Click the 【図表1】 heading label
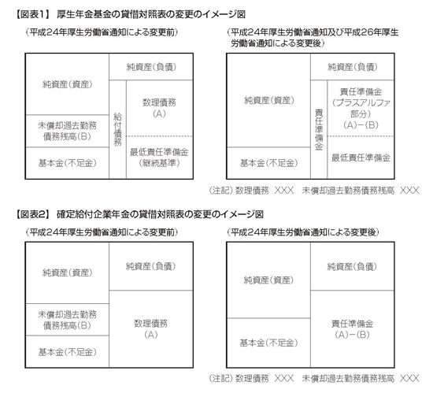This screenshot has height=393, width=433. click(x=32, y=14)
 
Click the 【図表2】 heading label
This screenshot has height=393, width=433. click(x=33, y=214)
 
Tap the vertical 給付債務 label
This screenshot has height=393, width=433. click(x=117, y=129)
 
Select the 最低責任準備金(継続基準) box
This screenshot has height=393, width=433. click(x=159, y=158)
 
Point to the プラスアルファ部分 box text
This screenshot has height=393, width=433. click(x=361, y=108)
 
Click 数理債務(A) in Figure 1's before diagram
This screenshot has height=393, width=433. click(x=159, y=108)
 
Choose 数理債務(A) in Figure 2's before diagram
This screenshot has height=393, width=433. click(x=151, y=329)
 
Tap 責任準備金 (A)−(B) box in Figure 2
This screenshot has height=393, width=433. click(x=353, y=329)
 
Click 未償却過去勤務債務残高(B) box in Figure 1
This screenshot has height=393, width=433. click(x=68, y=131)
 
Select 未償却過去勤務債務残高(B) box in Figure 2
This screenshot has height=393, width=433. click(x=68, y=320)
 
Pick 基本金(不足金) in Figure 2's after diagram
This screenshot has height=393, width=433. click(x=268, y=343)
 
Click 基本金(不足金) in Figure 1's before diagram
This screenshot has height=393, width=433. click(x=68, y=163)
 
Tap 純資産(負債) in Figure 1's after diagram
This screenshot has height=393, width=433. click(x=353, y=67)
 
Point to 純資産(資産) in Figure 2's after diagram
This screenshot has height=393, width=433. click(x=268, y=280)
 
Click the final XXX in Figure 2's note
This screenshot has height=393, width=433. click(x=409, y=378)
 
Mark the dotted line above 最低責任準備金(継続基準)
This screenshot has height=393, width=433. click(x=159, y=136)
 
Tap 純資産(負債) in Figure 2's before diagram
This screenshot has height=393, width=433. click(x=151, y=266)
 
